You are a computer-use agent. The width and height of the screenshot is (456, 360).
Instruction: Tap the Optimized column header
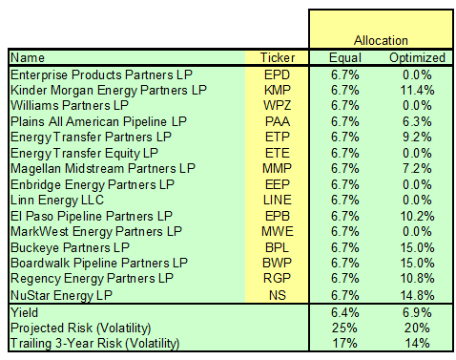(417, 57)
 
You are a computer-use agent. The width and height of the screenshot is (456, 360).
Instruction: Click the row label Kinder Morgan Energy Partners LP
(108, 90)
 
